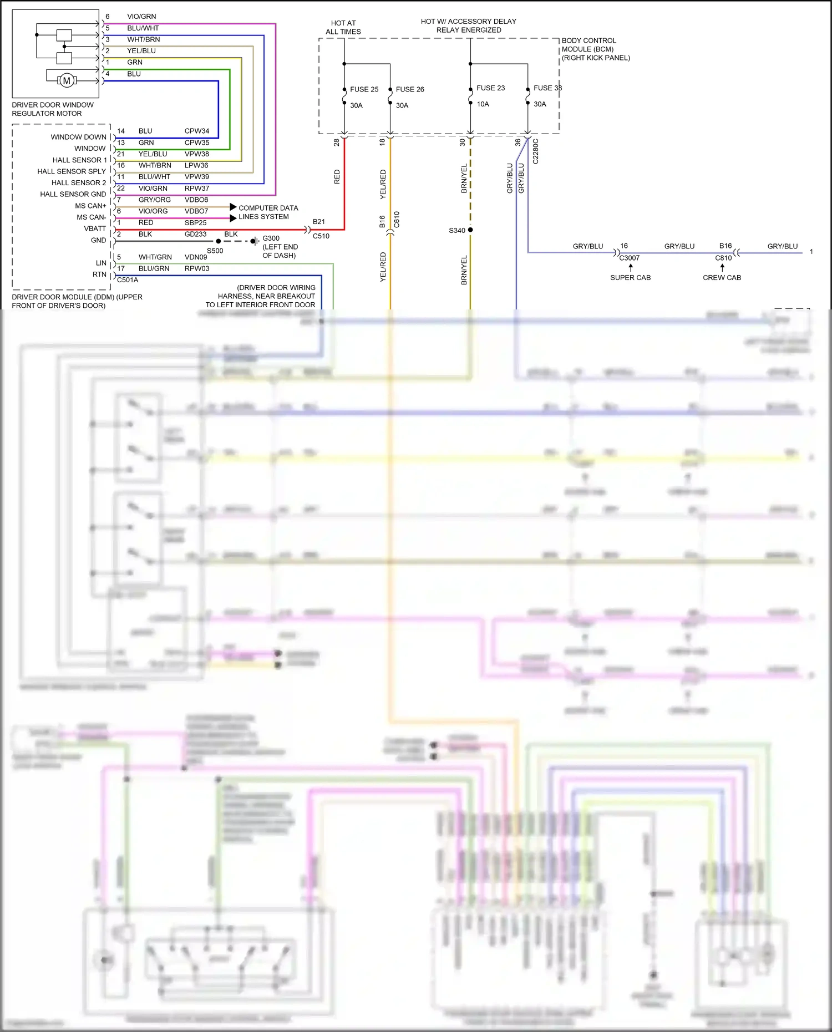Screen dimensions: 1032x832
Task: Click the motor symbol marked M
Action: point(67,81)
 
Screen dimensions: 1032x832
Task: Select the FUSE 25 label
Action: point(364,89)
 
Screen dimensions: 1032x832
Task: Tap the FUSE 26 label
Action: point(410,89)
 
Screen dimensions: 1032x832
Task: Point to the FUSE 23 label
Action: point(490,88)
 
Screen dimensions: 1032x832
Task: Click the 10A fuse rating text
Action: point(483,104)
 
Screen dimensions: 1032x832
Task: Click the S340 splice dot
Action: point(470,230)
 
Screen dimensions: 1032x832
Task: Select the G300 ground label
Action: point(271,238)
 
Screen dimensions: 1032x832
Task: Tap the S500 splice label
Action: point(215,251)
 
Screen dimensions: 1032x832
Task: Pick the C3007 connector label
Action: point(629,258)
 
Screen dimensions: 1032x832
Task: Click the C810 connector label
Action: point(723,258)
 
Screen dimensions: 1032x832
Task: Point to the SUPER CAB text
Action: point(630,278)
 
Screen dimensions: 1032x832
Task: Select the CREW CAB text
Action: point(722,278)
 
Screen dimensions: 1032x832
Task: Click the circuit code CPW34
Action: point(197,131)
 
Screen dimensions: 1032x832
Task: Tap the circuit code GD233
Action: point(195,235)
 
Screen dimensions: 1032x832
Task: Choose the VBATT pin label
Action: point(95,228)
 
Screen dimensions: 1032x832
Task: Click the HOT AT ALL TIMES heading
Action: point(343,27)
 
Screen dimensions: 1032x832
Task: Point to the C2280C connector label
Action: point(536,151)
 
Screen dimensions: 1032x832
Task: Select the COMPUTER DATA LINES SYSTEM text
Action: point(268,212)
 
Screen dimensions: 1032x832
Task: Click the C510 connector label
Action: point(321,236)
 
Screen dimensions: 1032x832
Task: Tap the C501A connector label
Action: point(128,280)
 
